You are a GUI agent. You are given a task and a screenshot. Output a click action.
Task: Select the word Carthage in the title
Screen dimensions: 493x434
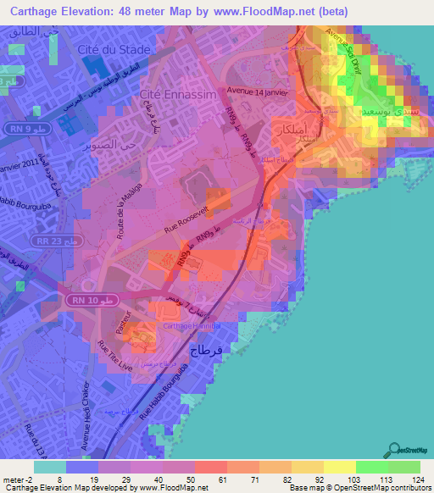[x=36, y=9]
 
